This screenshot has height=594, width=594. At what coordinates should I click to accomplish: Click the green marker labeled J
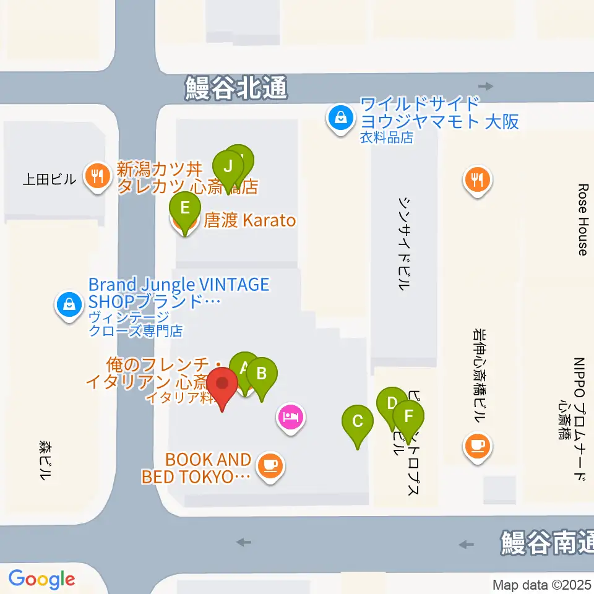[x=228, y=166]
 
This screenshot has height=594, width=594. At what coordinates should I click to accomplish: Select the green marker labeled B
[x=262, y=374]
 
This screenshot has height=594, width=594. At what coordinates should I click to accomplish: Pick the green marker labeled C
[x=358, y=422]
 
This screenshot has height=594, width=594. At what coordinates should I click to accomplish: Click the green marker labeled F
[x=408, y=416]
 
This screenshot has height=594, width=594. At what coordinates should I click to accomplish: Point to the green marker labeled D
[x=391, y=403]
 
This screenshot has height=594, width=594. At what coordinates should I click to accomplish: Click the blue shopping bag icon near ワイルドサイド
[x=340, y=115]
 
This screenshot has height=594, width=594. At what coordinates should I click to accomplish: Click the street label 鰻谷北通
[x=236, y=88]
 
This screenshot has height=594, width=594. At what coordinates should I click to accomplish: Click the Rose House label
[x=582, y=219]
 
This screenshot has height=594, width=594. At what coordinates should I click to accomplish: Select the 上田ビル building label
[x=49, y=179]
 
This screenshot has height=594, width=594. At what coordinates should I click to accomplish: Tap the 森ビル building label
[x=45, y=461]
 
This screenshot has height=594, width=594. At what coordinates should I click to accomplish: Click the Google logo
[x=41, y=579]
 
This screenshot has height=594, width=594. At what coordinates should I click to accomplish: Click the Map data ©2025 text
[x=542, y=585]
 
